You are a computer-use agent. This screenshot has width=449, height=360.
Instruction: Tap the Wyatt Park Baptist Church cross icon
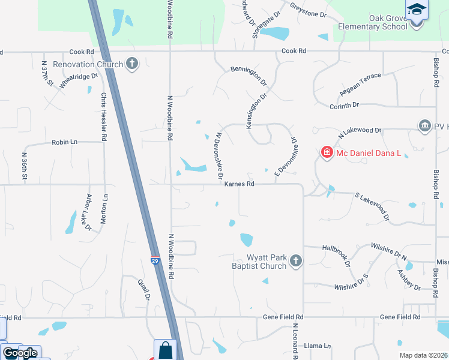[295, 261]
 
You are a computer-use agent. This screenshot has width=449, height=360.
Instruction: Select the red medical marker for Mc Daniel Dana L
[327, 153]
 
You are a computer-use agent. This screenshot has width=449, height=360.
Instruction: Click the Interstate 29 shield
[155, 262]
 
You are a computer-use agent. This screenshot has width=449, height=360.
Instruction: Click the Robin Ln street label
[65, 142]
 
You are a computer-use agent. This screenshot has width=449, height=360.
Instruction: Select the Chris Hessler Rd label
[104, 116]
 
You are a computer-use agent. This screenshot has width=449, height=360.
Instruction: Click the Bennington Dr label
[248, 76]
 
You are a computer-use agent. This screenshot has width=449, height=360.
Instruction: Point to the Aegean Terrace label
[360, 88]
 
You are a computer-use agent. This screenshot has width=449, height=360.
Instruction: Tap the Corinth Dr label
[344, 105]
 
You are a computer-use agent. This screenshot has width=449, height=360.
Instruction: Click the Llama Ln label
[318, 346]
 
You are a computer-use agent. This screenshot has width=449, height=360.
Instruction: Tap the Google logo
[19, 353]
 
